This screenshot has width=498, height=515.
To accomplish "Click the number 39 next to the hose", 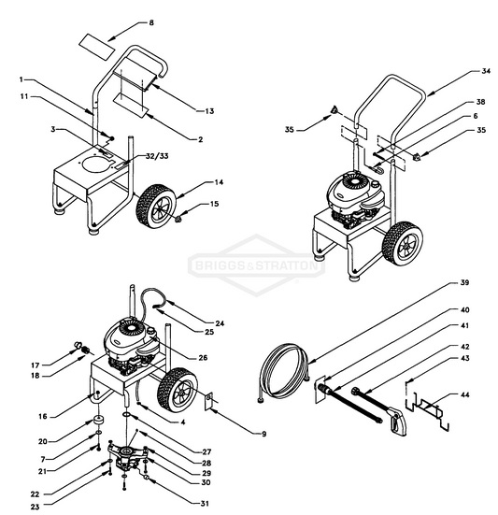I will (x=463, y=282).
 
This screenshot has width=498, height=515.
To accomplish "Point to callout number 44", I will (x=463, y=395).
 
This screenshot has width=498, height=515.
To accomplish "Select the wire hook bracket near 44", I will (x=433, y=411).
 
